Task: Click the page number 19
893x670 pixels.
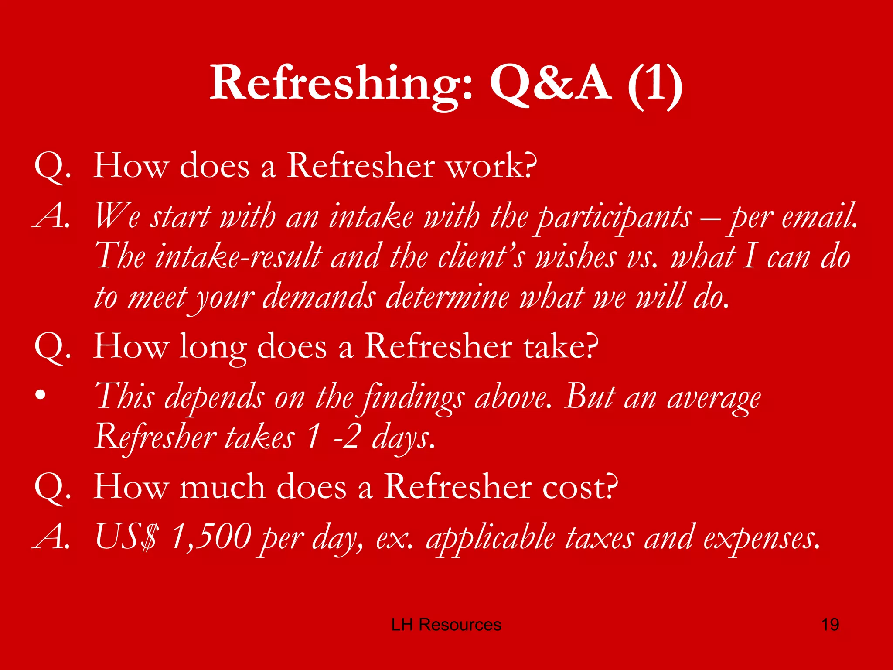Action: tap(830, 625)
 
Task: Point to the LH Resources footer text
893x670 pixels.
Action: tap(446, 625)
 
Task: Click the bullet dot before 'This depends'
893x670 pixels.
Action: tap(41, 395)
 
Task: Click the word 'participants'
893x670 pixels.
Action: tap(614, 217)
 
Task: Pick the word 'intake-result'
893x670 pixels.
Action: tap(239, 256)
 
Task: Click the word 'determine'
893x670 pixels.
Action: tap(448, 297)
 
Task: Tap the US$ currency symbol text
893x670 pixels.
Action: tap(126, 537)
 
